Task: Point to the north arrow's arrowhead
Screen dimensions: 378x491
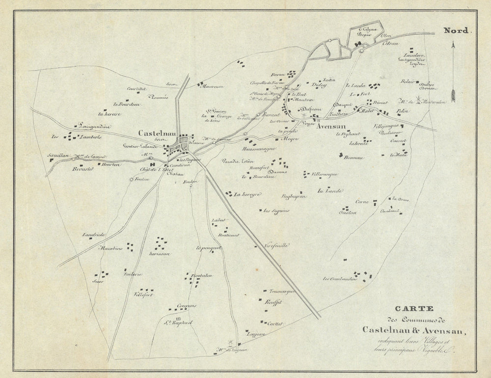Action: coord(453,46)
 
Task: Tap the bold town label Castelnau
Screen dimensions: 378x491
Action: coord(155,133)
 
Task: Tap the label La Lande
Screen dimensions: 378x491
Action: coord(329,190)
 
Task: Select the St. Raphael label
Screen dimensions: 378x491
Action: coord(180,323)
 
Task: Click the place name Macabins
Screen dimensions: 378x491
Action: coord(111,248)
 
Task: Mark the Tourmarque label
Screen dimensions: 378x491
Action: coord(278,292)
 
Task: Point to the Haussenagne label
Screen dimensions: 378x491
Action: coord(258,148)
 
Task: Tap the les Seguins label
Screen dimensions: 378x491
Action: coord(276,211)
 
